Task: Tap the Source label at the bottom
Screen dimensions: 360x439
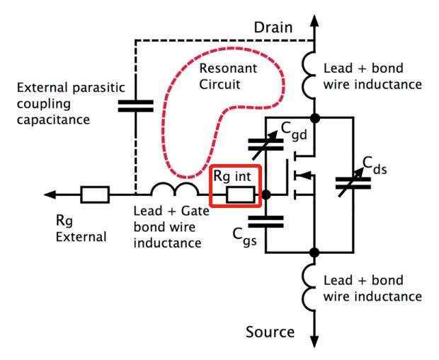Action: point(270,332)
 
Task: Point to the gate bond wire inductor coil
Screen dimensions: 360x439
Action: point(174,189)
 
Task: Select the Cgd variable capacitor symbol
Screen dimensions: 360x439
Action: point(267,144)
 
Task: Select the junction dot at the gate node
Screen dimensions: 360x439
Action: point(267,194)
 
